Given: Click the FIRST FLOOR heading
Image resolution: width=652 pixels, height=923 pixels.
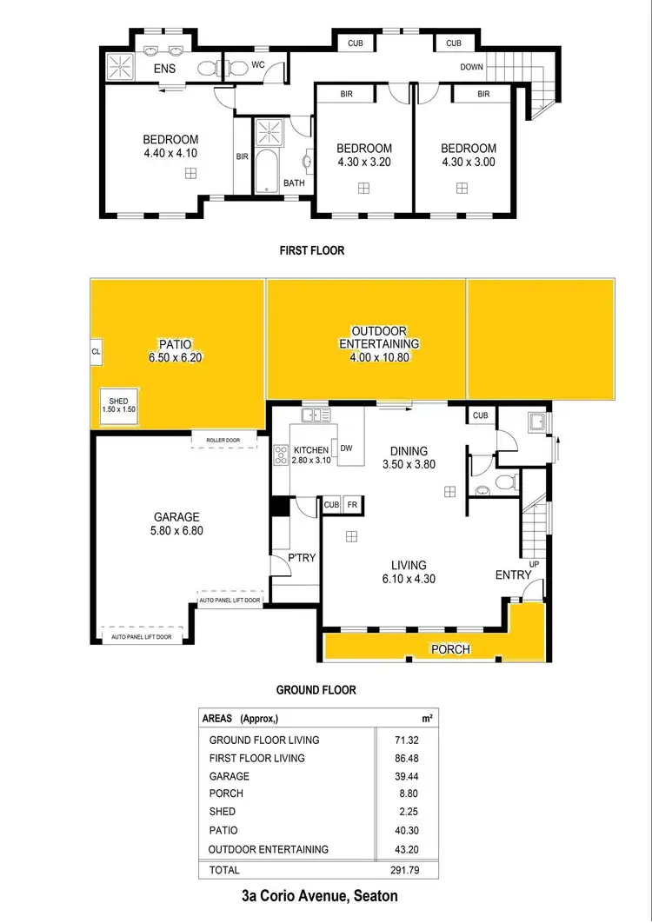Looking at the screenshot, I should (x=311, y=250).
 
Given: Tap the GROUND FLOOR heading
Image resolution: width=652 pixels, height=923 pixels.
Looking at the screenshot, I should (x=316, y=690).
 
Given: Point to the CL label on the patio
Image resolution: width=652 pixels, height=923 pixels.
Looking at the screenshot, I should (x=96, y=352).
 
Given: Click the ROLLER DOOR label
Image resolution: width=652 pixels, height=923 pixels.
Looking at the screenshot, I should (x=224, y=441).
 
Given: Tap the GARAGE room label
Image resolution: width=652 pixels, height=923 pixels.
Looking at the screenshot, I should (x=176, y=516).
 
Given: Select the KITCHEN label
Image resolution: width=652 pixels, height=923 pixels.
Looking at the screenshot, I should (x=310, y=450).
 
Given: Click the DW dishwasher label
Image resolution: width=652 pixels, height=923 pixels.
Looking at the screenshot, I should (x=346, y=449).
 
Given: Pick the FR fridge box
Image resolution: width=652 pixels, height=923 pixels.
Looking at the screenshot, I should (x=353, y=504).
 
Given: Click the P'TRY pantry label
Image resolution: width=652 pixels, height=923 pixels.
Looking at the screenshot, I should (x=301, y=559).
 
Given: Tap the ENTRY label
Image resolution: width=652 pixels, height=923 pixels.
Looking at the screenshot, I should (x=512, y=575).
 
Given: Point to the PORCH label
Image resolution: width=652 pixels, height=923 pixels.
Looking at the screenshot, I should (x=450, y=649).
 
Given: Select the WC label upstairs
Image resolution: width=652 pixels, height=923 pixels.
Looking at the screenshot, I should (x=257, y=64).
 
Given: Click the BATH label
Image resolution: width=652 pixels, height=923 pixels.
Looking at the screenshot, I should (x=294, y=183).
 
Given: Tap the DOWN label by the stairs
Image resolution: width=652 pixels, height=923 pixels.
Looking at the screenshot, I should (x=473, y=66).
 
